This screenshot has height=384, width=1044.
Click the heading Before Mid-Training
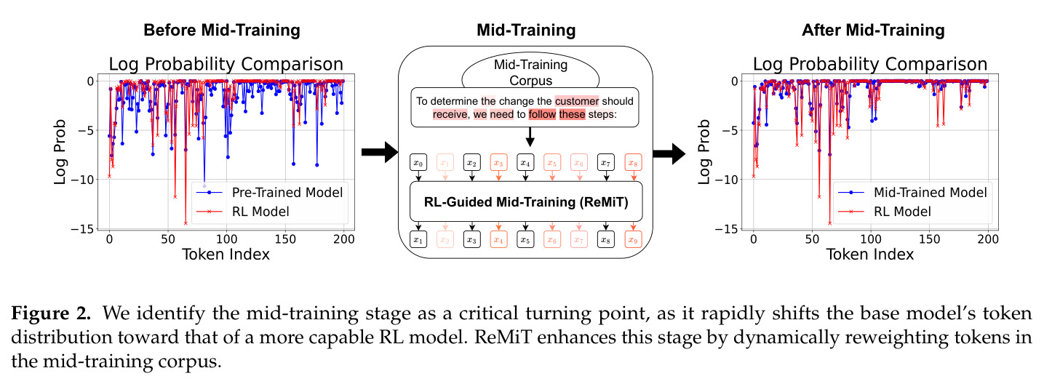pyautogui.click(x=222, y=31)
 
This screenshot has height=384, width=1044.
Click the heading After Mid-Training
pyautogui.click(x=873, y=31)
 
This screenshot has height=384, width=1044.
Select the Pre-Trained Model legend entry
pyautogui.click(x=269, y=193)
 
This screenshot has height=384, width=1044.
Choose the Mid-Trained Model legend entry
pyautogui.click(x=912, y=193)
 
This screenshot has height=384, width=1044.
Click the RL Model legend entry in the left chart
pyautogui.click(x=243, y=212)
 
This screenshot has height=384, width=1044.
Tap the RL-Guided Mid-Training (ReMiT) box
pyautogui.click(x=526, y=201)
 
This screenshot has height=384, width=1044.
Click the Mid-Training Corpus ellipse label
pyautogui.click(x=530, y=72)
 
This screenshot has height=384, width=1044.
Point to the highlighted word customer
pyautogui.click(x=576, y=101)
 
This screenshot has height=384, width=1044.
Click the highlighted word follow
pyautogui.click(x=542, y=114)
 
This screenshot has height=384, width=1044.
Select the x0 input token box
pyautogui.click(x=418, y=163)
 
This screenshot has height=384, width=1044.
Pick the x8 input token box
pyautogui.click(x=633, y=163)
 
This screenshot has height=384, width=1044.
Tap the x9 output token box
pyautogui.click(x=633, y=239)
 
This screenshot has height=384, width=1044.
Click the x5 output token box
pyautogui.click(x=525, y=239)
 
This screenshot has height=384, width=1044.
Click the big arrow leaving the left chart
pyautogui.click(x=379, y=152)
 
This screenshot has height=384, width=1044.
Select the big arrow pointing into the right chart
pyautogui.click(x=669, y=153)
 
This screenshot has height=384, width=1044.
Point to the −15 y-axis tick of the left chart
pyautogui.click(x=82, y=229)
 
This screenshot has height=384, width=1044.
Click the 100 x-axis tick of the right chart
pyautogui.click(x=870, y=239)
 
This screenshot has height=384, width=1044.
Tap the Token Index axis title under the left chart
pyautogui.click(x=226, y=255)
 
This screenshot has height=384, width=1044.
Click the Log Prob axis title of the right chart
pyautogui.click(x=704, y=152)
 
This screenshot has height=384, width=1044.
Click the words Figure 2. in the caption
pyautogui.click(x=51, y=313)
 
